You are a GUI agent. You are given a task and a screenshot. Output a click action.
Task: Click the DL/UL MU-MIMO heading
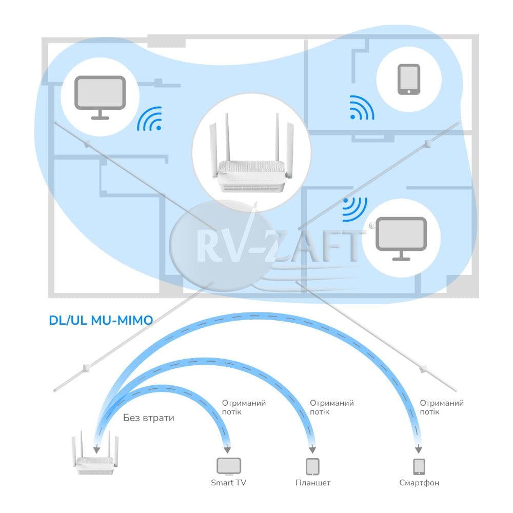tap(101, 320)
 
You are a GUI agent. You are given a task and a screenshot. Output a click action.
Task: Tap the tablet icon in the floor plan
tap(409, 80)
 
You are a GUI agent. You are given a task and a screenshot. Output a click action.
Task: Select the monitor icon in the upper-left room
tap(100, 97)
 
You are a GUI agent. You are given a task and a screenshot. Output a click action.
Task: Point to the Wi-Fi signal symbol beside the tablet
tap(362, 108)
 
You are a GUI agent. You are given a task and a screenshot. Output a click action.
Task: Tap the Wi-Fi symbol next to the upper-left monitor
tap(149, 119)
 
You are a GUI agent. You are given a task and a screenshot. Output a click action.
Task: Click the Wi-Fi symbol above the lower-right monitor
tap(354, 209)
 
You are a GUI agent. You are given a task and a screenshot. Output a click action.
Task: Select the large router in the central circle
tap(251, 152)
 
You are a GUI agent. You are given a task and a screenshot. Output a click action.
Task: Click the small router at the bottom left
tap(95, 453)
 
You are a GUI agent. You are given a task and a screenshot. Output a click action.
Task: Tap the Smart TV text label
tap(228, 483)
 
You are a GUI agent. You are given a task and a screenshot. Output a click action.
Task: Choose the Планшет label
tap(313, 483)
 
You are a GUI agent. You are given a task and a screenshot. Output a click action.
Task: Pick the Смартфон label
tap(419, 483)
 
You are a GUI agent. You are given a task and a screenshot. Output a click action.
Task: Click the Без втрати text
tap(149, 418)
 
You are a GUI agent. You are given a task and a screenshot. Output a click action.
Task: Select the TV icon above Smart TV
tap(229, 466)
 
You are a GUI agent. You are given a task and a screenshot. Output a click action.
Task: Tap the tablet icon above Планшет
tap(312, 466)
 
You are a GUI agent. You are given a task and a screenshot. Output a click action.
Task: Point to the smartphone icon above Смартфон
tap(419, 466)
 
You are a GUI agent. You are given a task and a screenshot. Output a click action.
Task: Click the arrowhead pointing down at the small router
tap(96, 450)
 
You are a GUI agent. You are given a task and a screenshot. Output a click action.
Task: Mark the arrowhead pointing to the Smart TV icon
tap(227, 450)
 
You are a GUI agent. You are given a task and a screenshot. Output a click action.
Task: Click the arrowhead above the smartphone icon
tap(419, 450)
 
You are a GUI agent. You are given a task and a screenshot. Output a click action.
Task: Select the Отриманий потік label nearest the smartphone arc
tap(442, 407)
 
